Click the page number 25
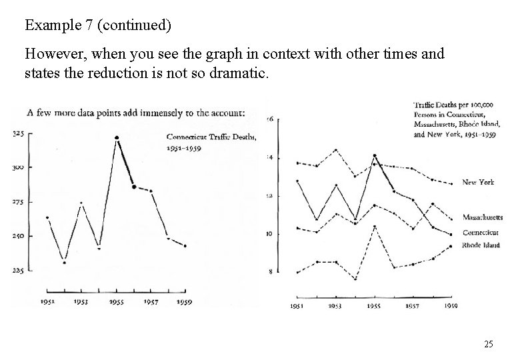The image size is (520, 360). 489,344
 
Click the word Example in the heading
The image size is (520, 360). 49,26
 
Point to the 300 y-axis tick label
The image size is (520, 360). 19,168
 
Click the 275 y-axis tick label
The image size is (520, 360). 19,201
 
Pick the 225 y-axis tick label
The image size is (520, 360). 19,271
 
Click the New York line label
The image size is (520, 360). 478,183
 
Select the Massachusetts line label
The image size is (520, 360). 482,217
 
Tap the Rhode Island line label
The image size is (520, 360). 481,245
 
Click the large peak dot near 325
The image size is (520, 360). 117,138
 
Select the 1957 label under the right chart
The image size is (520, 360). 413,307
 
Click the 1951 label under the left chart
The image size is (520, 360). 47,301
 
